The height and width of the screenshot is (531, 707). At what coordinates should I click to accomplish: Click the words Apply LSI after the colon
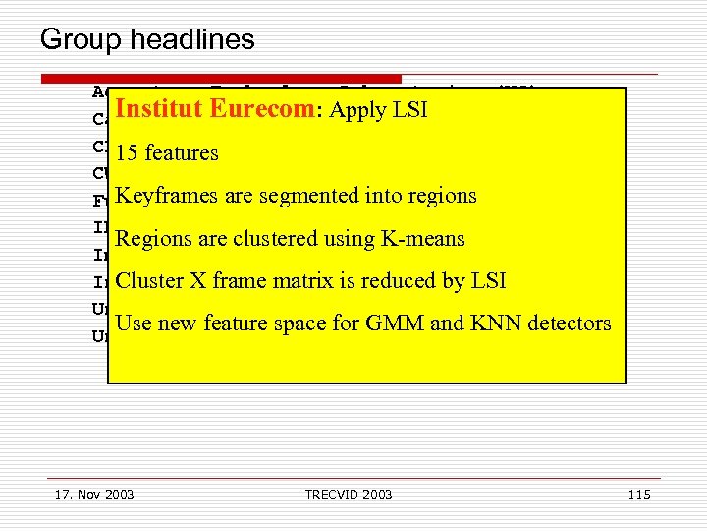(x=378, y=110)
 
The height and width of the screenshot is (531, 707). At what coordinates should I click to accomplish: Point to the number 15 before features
(x=126, y=153)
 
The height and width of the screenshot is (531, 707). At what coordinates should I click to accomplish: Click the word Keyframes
(x=167, y=196)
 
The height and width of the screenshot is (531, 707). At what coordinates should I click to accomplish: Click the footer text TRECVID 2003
(x=349, y=494)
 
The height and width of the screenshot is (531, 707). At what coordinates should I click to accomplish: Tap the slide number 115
(x=638, y=494)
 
